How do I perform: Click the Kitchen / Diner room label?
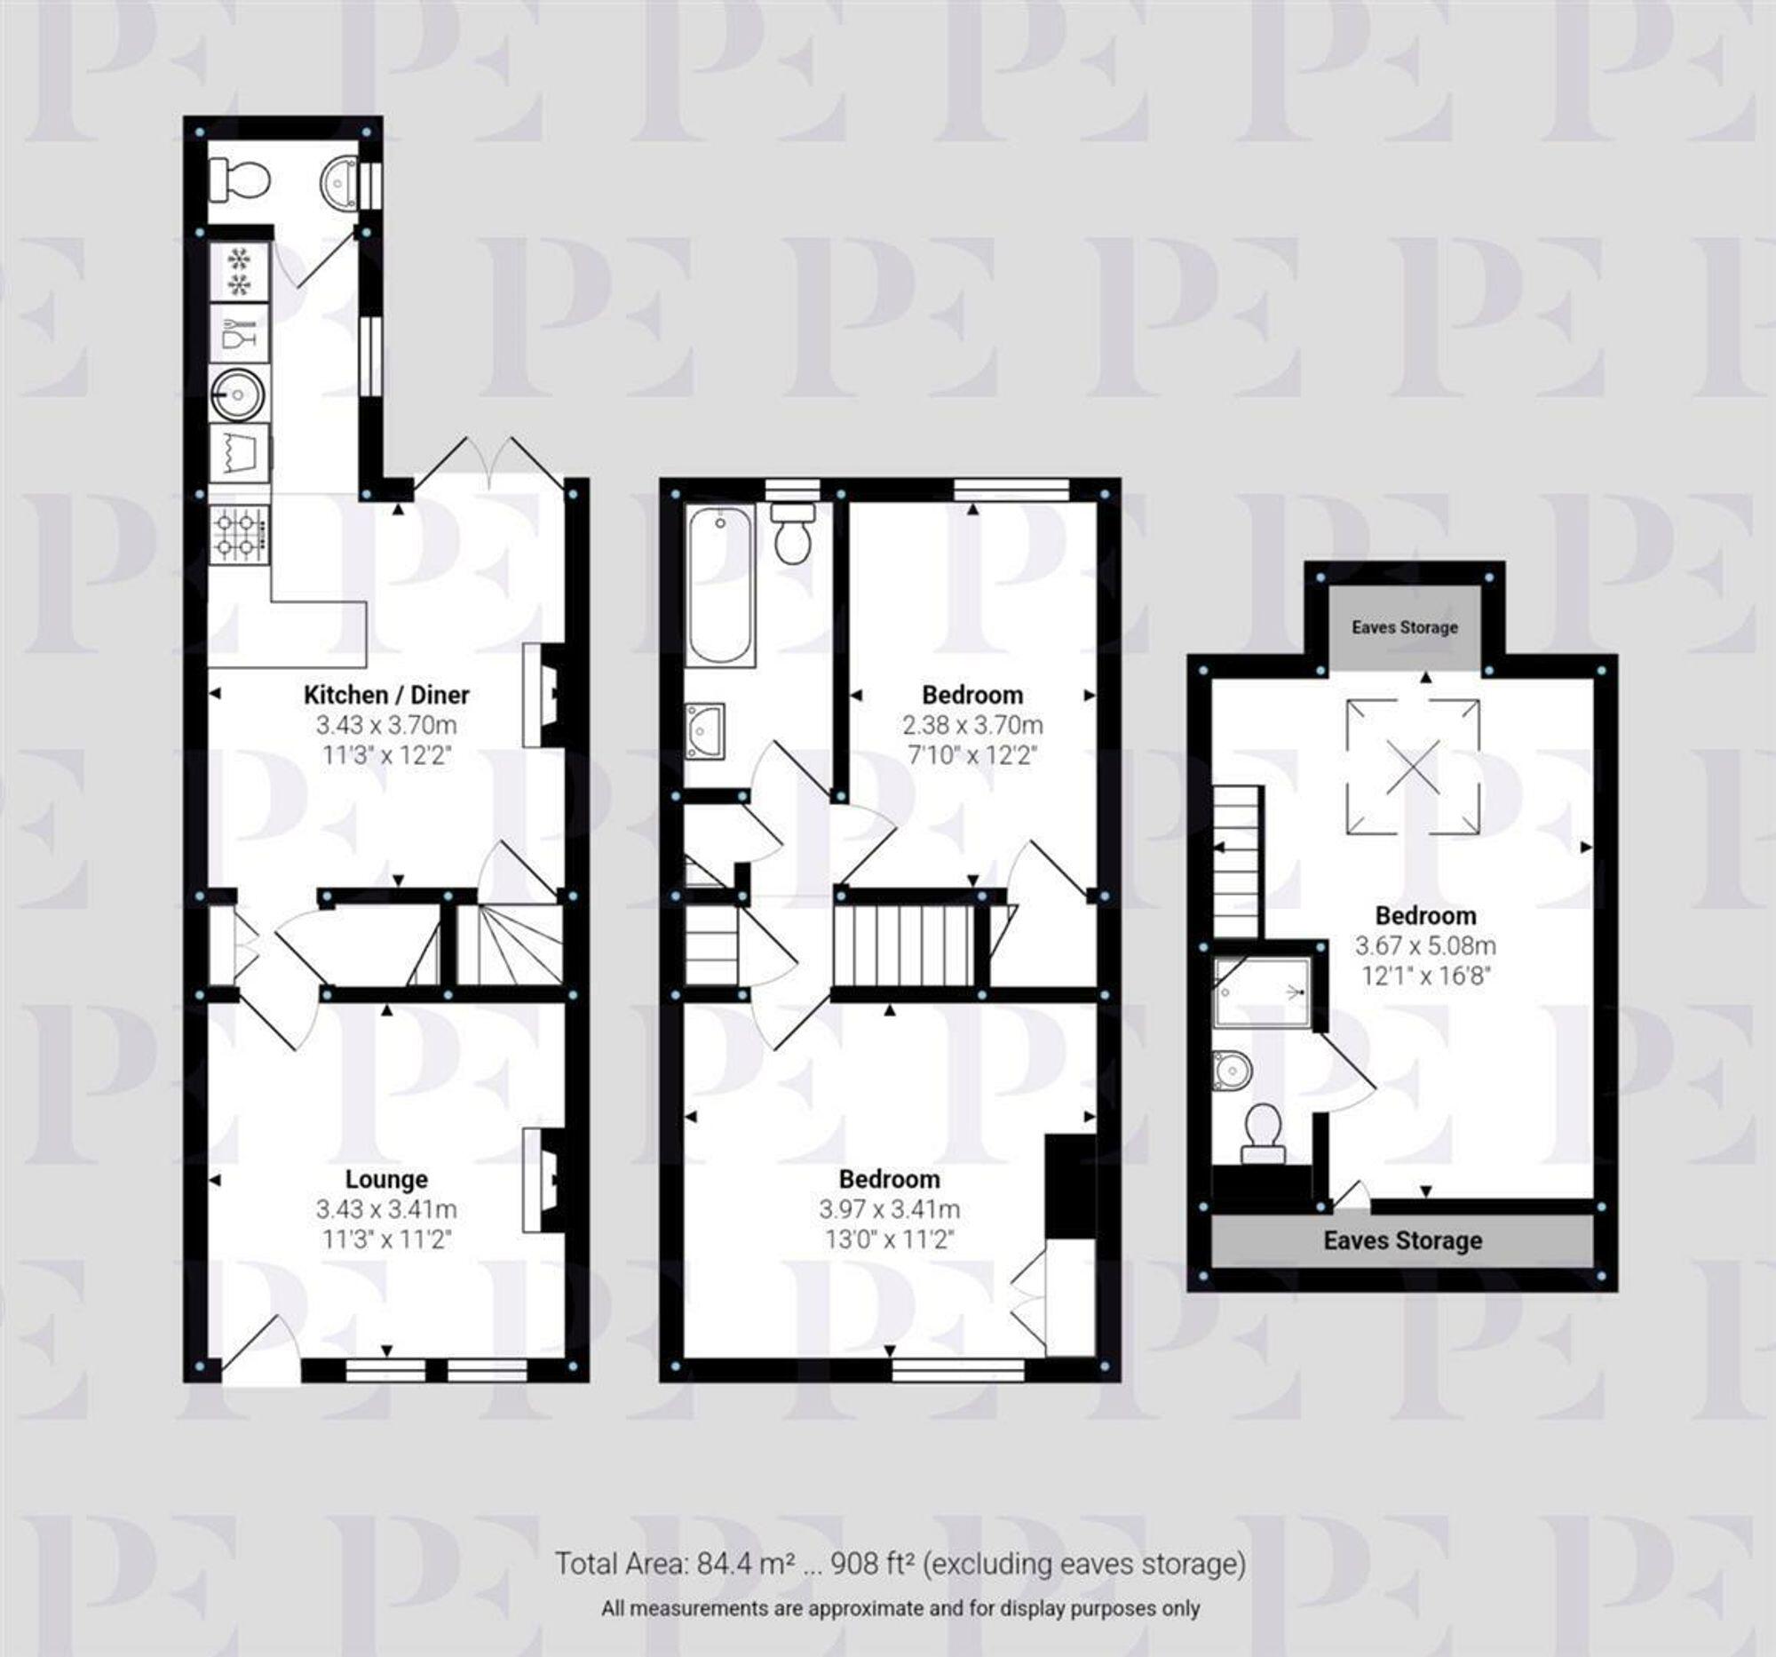386,695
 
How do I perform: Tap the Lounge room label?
386,1180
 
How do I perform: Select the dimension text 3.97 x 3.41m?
889,1209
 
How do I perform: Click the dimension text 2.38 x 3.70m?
972,725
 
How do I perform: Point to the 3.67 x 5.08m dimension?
1425,945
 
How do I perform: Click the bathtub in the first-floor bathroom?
720,586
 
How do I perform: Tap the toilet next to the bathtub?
791,535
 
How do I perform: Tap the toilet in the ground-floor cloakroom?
238,180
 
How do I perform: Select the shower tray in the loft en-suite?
1263,993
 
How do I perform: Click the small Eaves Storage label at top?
1404,627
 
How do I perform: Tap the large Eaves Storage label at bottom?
1402,1240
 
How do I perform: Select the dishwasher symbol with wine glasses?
239,332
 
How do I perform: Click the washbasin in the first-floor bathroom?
704,732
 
